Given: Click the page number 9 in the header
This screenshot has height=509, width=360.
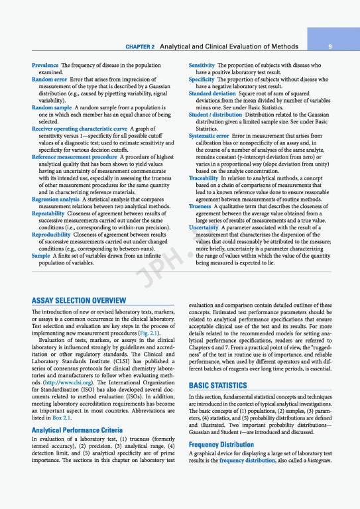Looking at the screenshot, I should (339, 47).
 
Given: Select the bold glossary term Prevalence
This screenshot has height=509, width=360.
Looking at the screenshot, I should (45, 66).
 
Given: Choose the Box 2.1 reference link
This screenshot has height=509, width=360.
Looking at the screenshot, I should (62, 418).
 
